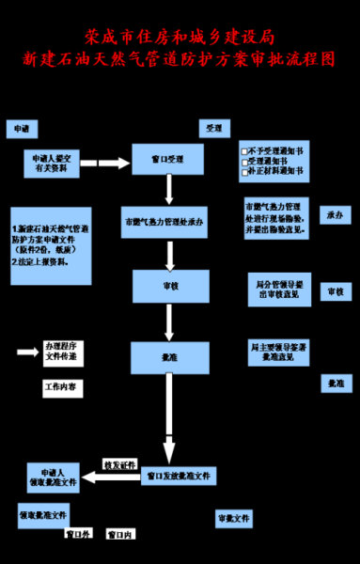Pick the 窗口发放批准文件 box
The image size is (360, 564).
(178, 476)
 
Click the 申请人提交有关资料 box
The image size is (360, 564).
(51, 164)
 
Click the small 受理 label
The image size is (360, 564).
(213, 127)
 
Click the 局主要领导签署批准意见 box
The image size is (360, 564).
(276, 352)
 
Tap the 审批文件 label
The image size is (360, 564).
(233, 518)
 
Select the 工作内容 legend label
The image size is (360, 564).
(61, 387)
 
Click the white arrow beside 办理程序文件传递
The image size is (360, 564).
(25, 352)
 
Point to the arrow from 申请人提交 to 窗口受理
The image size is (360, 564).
(113, 164)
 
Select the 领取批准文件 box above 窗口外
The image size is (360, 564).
(43, 516)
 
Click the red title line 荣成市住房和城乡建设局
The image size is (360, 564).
(180, 37)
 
